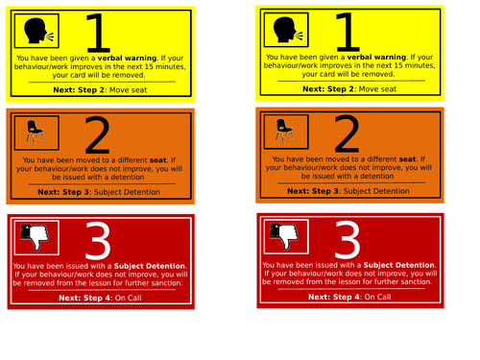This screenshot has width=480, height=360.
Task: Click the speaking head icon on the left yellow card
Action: (x=38, y=31)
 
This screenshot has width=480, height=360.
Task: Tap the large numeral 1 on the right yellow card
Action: (x=348, y=32)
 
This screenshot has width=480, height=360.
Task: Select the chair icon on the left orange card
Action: (x=35, y=132)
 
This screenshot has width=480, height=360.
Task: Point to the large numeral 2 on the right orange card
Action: (x=347, y=133)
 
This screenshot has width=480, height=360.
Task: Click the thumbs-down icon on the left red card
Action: (x=35, y=237)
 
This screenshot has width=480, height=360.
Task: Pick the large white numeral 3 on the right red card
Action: (x=348, y=239)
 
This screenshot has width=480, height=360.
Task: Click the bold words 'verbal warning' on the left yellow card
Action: (x=127, y=58)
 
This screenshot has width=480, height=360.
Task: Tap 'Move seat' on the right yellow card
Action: (x=377, y=89)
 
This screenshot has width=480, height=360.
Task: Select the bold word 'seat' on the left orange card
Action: (x=158, y=160)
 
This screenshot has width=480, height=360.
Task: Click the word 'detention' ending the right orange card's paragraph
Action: (x=377, y=176)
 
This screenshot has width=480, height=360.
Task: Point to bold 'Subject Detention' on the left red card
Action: (x=150, y=266)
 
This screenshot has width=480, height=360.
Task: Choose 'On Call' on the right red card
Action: (x=377, y=297)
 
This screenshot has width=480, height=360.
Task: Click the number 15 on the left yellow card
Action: (x=149, y=66)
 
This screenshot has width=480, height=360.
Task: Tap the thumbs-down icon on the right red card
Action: (x=284, y=236)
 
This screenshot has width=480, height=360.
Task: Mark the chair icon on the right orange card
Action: (x=284, y=132)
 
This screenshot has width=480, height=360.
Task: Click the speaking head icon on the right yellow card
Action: (x=288, y=30)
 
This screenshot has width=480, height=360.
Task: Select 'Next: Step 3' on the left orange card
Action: (x=64, y=192)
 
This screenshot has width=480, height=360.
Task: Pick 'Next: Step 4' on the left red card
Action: (x=85, y=298)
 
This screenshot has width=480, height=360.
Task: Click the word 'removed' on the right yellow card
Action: (x=379, y=74)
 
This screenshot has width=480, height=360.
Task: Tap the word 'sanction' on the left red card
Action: (x=167, y=283)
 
